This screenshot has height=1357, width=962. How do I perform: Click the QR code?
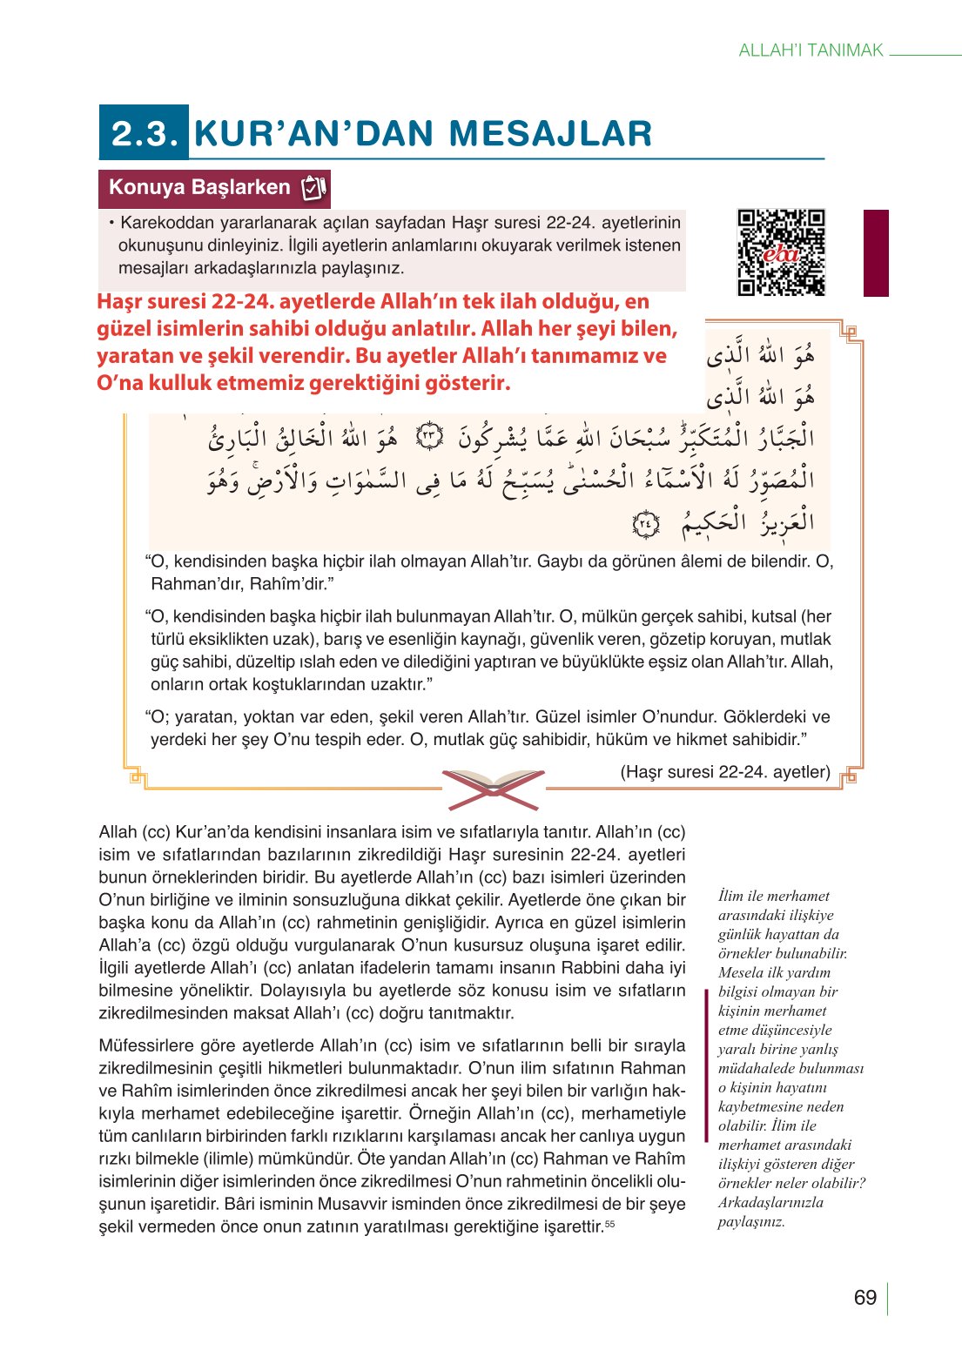coord(781,252)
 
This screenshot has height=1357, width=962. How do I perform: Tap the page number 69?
coord(864,1298)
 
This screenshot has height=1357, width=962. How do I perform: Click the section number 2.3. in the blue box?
coord(145,133)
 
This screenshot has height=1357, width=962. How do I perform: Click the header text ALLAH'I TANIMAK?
coord(811,50)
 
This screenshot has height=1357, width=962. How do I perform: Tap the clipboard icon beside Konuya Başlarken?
coord(313,187)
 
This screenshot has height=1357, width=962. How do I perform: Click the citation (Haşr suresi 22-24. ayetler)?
coord(724,772)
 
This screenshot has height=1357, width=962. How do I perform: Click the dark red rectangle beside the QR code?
coord(876,252)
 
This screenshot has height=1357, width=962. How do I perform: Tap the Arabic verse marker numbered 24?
coord(645,524)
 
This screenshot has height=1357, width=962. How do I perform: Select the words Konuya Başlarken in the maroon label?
coord(199,187)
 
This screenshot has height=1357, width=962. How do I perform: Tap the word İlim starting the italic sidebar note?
coord(733,896)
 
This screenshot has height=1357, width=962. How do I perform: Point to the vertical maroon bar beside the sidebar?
coord(706,1064)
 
